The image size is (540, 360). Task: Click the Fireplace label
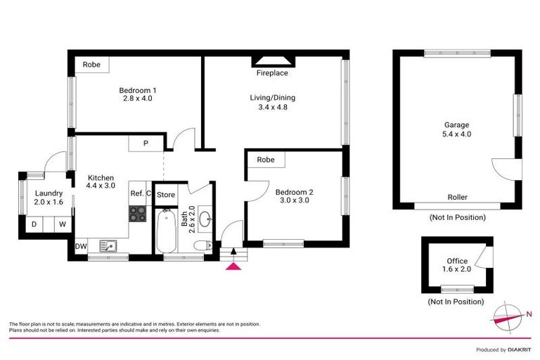click(x=272, y=72)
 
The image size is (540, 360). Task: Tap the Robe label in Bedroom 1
click(x=92, y=65)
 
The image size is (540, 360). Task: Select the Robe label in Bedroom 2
click(x=265, y=160)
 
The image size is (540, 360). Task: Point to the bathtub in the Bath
click(x=165, y=232)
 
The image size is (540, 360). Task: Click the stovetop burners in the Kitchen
click(x=138, y=214)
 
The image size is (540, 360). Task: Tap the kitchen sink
click(x=108, y=245)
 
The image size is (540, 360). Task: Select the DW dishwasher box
click(x=82, y=246)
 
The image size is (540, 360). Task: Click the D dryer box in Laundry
click(x=33, y=225)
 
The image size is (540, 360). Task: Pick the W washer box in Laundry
click(x=62, y=225)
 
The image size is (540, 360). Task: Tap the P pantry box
click(x=146, y=143)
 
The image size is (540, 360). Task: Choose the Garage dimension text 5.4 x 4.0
click(x=457, y=134)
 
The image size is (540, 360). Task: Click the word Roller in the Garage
click(x=457, y=198)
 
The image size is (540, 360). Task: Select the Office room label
click(x=456, y=262)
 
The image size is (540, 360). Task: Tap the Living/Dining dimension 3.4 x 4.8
click(x=273, y=107)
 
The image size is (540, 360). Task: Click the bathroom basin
click(x=205, y=219)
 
